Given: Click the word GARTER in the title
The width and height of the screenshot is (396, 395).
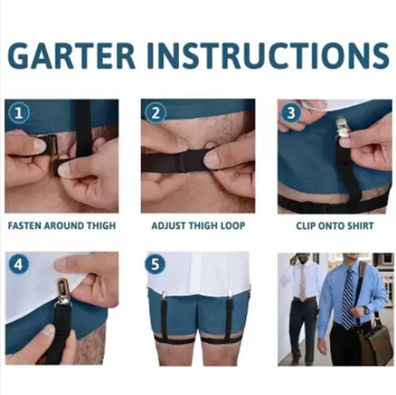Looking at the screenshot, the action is [72, 55].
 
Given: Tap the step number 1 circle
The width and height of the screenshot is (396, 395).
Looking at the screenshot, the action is [19, 113].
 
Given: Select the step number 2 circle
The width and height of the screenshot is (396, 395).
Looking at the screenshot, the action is [155, 113].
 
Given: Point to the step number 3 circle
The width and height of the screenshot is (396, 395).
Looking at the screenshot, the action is [291, 113].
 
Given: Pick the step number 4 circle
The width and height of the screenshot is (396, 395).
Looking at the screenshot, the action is [19, 265].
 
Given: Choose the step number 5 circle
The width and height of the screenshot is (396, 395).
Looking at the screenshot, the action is [155, 265].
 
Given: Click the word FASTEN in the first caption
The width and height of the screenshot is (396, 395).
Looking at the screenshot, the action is [25, 226].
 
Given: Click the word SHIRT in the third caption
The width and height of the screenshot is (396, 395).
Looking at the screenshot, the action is [360, 226].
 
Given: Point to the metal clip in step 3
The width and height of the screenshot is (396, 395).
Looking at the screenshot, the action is [343, 129].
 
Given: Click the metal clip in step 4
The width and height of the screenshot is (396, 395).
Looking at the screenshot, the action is [63, 291].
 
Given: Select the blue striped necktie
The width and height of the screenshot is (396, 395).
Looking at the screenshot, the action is [348, 298].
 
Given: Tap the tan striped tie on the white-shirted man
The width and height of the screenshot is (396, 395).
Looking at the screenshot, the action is [303, 283].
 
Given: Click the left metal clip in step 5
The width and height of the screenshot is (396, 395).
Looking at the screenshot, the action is [163, 296].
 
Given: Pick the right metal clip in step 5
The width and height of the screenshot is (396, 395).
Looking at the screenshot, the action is [229, 296].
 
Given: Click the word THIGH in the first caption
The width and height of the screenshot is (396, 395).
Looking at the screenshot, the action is [101, 226].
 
